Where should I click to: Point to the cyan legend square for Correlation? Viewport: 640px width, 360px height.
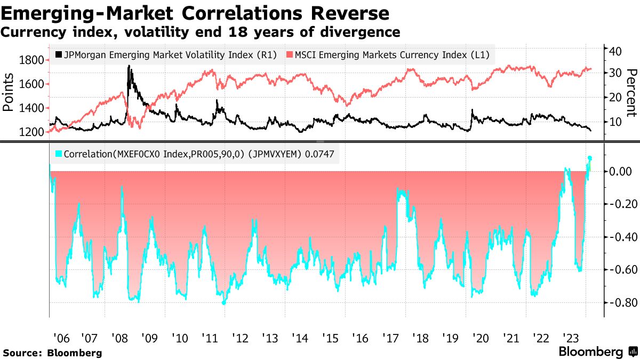pos(59,154)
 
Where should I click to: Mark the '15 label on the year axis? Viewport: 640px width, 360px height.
pos(330,338)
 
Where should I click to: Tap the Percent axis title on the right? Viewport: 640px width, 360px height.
pos(631,93)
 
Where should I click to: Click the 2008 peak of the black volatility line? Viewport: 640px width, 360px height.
pos(129,66)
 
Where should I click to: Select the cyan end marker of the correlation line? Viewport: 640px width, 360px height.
pos(590,158)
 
